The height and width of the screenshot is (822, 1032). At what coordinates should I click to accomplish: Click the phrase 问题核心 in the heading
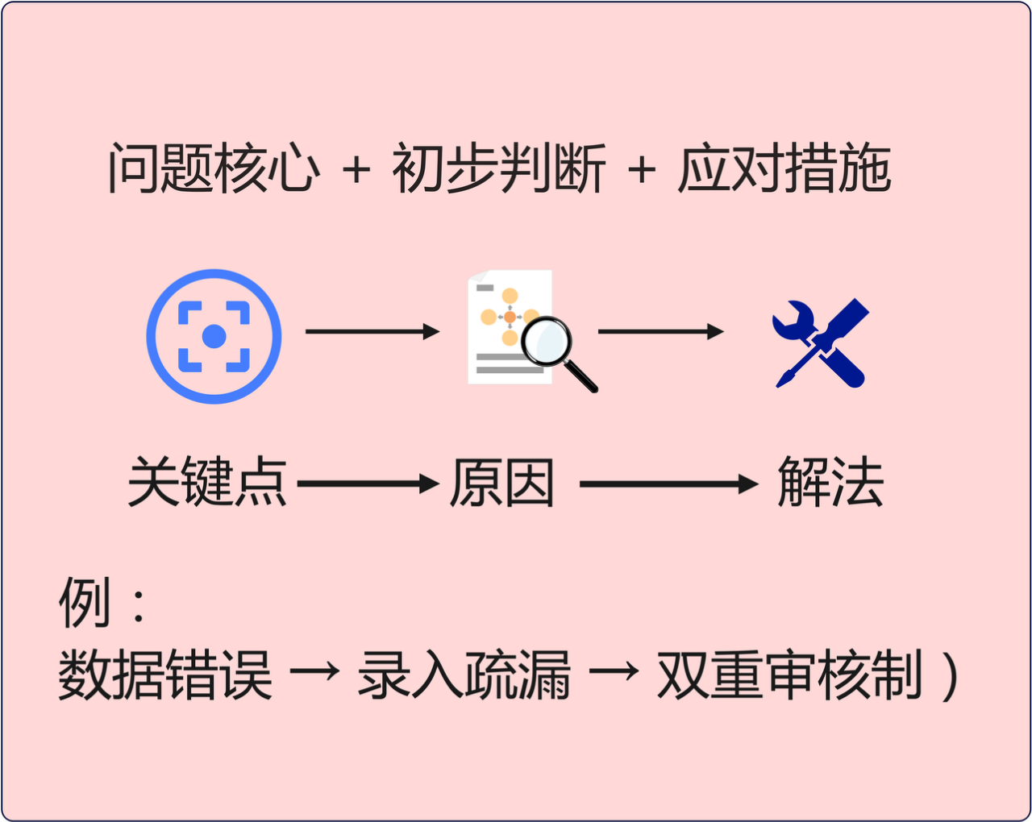[214, 169]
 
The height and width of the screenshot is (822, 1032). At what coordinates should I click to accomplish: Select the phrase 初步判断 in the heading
[498, 169]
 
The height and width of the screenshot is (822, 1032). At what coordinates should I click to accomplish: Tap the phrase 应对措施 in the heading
[784, 169]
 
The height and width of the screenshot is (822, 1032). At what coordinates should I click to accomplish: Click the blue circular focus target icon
[214, 336]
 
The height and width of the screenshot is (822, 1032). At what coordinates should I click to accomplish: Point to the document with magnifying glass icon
[528, 330]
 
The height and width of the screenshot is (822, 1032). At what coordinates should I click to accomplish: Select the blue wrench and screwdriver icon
[821, 342]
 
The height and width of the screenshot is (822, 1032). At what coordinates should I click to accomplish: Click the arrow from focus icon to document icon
[372, 331]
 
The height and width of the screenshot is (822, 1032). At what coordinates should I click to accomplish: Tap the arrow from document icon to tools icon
[660, 331]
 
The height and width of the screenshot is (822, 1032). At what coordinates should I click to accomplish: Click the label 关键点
[207, 483]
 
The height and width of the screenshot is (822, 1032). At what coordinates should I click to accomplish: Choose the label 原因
[501, 483]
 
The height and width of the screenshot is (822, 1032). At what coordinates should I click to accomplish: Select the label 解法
[830, 483]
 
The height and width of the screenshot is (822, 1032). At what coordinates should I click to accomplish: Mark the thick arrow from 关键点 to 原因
[368, 484]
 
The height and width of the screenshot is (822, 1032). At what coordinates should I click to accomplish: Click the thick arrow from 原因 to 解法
[668, 484]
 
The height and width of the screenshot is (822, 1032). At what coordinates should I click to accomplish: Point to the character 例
[84, 602]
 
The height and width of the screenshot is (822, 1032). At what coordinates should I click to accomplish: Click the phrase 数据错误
[164, 675]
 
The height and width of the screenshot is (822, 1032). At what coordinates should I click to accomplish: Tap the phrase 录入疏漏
[464, 675]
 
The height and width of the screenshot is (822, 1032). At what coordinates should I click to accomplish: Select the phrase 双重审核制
[789, 675]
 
